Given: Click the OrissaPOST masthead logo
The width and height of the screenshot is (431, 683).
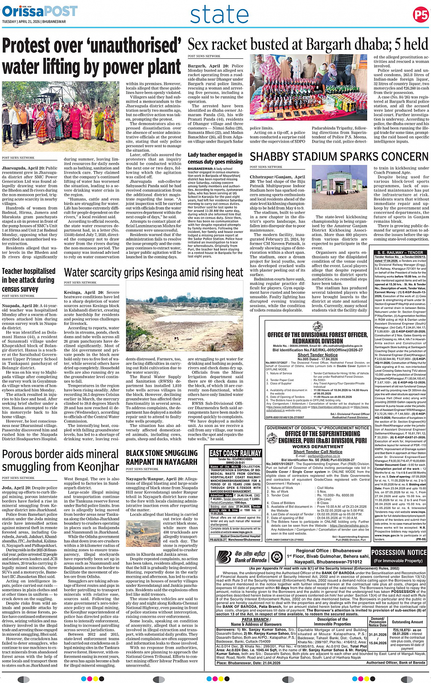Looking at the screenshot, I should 40,11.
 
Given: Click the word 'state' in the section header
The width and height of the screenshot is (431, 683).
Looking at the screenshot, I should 219,15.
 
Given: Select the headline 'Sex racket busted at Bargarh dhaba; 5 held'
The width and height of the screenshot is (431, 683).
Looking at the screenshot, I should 308,45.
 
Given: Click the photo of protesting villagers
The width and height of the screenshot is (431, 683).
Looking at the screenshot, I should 61,118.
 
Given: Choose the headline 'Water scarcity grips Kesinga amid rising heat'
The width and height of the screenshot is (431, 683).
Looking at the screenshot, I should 154,272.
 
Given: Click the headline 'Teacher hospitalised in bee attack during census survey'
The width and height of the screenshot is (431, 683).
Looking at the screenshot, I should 29,280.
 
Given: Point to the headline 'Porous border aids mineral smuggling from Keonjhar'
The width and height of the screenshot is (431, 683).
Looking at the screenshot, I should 60,461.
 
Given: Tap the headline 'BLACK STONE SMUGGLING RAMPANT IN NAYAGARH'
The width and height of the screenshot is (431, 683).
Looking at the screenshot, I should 161,457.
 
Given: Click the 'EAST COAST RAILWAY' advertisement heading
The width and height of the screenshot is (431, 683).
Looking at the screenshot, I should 235,453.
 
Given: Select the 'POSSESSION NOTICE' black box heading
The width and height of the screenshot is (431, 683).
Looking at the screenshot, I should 399,553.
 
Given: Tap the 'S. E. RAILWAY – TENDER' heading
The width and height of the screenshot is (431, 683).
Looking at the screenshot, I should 399,252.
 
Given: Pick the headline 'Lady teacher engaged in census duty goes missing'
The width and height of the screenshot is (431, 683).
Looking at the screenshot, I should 215,158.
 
